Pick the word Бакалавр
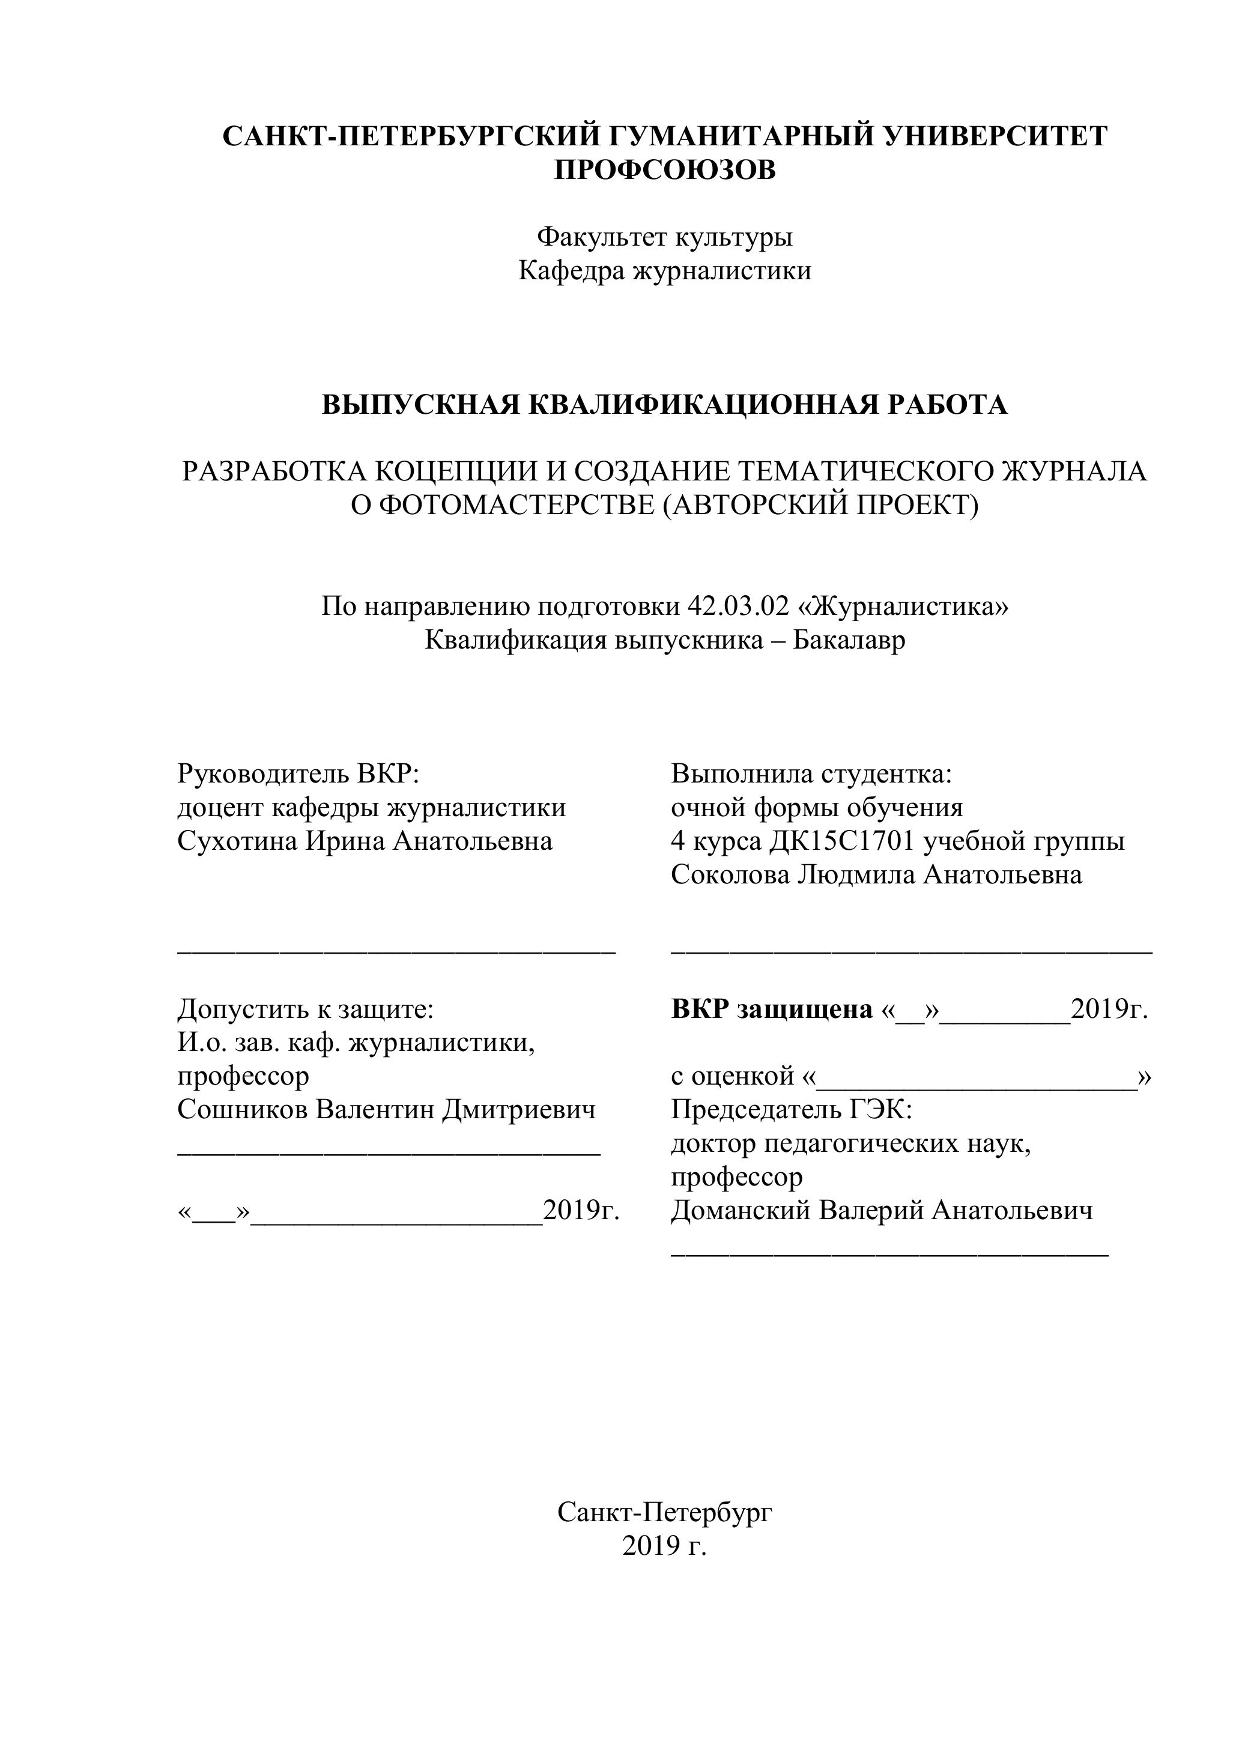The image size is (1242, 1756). tap(848, 640)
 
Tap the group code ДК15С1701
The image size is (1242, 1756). tap(842, 841)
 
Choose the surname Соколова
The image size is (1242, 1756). tap(730, 874)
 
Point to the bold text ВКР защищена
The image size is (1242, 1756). tap(772, 1010)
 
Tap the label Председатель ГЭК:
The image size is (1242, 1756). tap(792, 1109)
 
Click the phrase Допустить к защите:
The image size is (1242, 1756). tap(305, 1010)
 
